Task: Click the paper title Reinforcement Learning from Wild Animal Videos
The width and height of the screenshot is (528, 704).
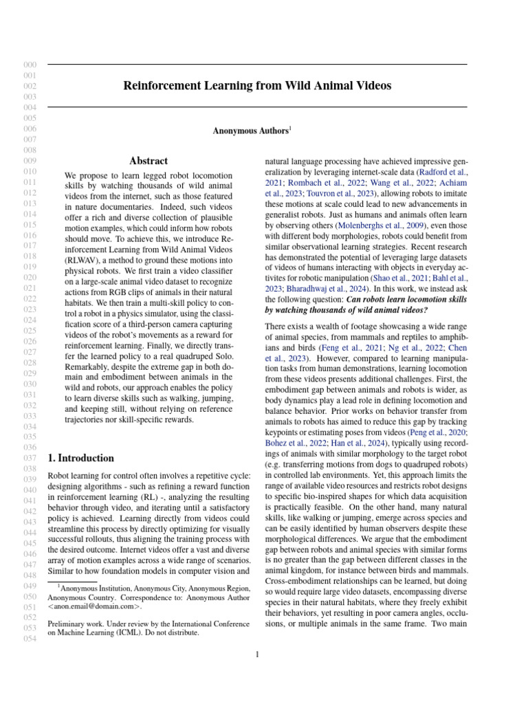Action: coord(257,86)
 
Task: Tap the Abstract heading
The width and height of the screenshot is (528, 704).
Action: coord(148,161)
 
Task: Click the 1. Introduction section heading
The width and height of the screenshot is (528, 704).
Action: coord(80,458)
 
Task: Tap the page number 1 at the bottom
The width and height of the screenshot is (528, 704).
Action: coord(257,654)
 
